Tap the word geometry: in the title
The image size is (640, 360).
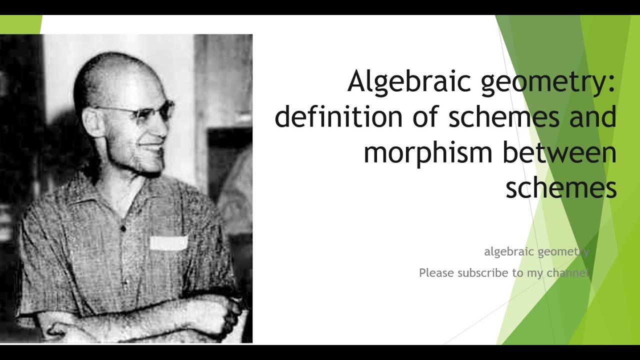pos(548,82)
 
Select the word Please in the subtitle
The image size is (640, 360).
pos(436,273)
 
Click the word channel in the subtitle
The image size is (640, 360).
pos(568,273)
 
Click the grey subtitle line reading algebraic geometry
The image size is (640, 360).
pos(536,251)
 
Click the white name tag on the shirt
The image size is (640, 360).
pos(168,243)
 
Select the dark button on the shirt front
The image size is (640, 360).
pos(123,228)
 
